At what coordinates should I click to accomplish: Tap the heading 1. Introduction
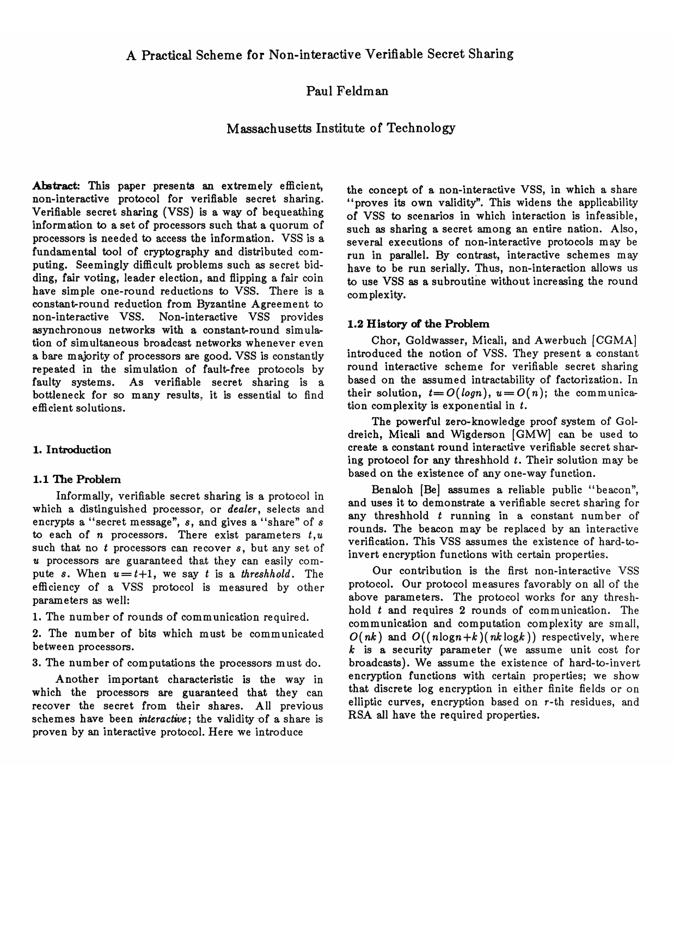coord(72,450)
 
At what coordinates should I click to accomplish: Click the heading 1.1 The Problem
coord(77,480)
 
